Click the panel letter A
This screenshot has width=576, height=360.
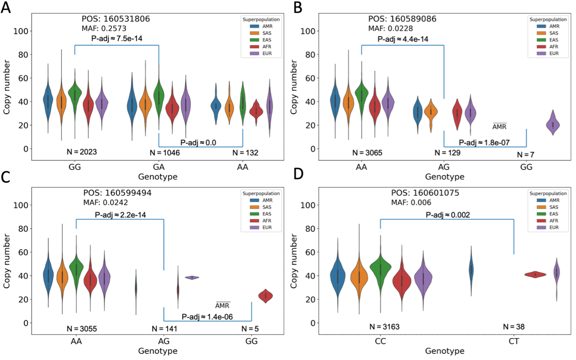click(6, 7)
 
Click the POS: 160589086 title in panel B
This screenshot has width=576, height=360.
click(402, 19)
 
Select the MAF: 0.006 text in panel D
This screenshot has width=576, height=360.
click(411, 202)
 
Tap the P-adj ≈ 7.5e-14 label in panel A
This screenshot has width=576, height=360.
click(117, 38)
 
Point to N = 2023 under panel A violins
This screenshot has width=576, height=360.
click(82, 152)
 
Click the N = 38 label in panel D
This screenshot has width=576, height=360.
click(513, 326)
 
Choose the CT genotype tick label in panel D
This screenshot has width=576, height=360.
click(514, 341)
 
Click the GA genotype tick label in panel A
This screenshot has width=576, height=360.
click(159, 167)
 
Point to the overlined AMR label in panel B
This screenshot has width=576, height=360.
click(499, 126)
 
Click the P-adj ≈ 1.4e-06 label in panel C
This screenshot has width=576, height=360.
click(207, 317)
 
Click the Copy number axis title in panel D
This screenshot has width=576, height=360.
click(294, 261)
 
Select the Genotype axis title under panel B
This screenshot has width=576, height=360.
click(444, 177)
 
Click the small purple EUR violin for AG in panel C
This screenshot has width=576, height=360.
click(192, 277)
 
